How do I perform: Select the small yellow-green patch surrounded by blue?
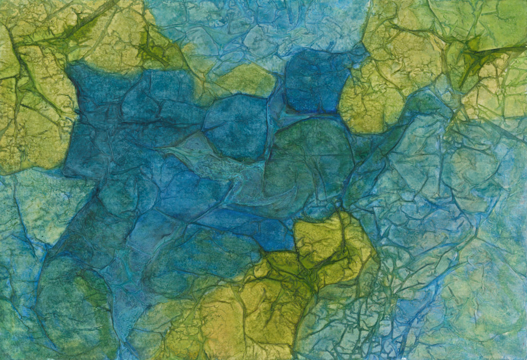247,79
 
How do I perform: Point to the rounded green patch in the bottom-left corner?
74,306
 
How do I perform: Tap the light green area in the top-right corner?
495,21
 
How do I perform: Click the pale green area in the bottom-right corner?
485,316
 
